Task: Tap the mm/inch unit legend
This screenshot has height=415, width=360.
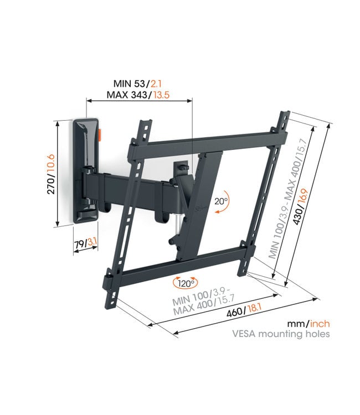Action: point(308,323)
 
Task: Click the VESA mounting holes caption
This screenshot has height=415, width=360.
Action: point(289,334)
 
